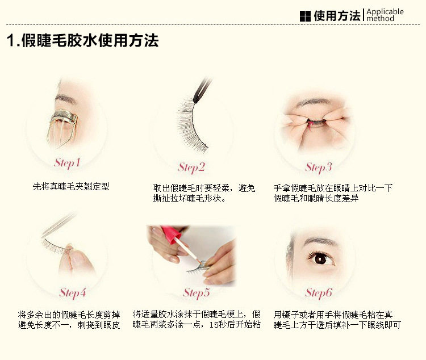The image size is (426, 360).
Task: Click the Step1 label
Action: [67, 163]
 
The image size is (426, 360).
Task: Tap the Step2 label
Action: [191, 168]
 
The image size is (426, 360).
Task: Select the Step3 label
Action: [319, 168]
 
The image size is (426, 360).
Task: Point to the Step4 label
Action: [73, 293]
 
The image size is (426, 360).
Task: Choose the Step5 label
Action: [197, 293]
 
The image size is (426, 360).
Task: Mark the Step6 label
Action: [319, 293]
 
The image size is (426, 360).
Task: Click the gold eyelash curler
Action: [62, 126]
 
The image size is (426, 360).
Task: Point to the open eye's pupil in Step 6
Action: [320, 258]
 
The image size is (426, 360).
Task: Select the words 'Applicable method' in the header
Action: [385, 15]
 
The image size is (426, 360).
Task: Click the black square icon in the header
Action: [305, 16]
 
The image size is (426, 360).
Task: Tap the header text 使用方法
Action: [337, 16]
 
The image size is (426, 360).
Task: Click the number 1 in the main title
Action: [11, 41]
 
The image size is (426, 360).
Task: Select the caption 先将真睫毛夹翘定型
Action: [70, 187]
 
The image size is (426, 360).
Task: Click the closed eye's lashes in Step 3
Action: [318, 121]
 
